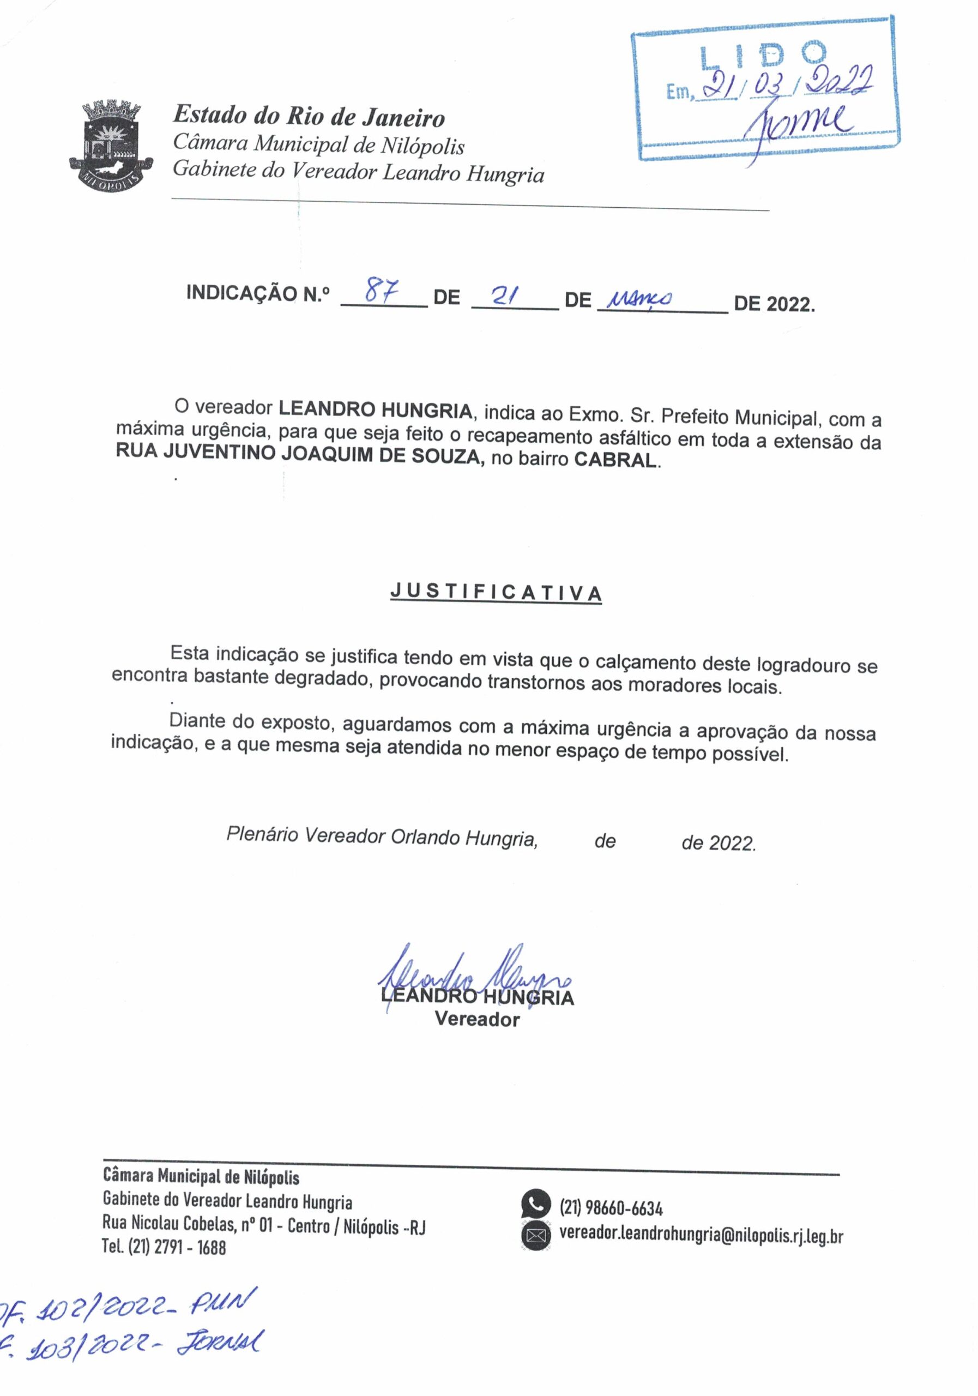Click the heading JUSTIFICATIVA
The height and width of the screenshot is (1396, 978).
[x=496, y=592]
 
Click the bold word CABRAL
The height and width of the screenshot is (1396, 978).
[x=615, y=460]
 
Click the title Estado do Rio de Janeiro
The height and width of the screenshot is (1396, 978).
[x=309, y=116]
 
